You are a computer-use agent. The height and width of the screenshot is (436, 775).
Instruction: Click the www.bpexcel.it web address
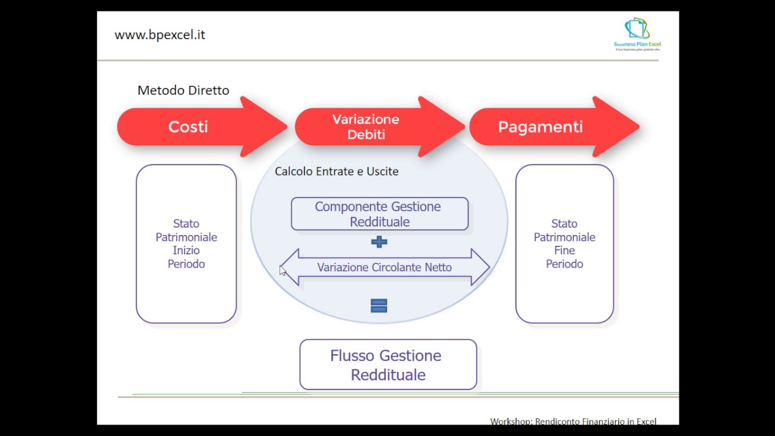(x=160, y=35)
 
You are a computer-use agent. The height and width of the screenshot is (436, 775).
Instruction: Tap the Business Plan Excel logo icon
(x=637, y=29)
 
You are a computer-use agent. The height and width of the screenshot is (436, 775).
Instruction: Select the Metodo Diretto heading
(x=183, y=90)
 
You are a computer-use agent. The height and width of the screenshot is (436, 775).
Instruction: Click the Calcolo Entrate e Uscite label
(x=337, y=171)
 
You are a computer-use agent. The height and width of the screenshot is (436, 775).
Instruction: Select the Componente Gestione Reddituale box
(x=379, y=214)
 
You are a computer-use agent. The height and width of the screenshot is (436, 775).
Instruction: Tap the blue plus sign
(x=379, y=242)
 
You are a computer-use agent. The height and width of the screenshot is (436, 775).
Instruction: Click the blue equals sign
(x=379, y=306)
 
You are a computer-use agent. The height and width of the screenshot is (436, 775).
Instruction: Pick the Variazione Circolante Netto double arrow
(x=384, y=267)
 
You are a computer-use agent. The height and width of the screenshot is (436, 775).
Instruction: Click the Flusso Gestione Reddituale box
(x=388, y=365)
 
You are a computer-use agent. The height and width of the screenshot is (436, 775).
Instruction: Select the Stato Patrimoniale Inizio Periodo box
(x=186, y=243)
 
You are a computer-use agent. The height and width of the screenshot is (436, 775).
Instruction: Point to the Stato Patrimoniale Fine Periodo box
(x=564, y=243)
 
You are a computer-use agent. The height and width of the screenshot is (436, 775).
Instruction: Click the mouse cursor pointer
(x=283, y=271)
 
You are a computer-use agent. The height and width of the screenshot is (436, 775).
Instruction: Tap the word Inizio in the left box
(x=186, y=250)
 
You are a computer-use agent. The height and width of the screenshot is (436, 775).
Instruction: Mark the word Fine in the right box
(x=564, y=250)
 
